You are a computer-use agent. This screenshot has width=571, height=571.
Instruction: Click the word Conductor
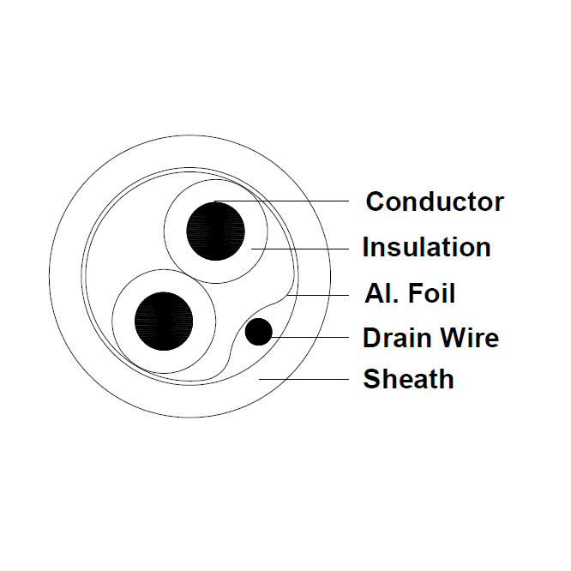(x=435, y=201)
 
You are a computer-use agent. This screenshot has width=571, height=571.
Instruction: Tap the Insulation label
(x=427, y=247)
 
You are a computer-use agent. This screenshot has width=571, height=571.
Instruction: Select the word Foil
(x=431, y=292)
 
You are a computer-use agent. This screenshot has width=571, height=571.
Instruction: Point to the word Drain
(x=398, y=338)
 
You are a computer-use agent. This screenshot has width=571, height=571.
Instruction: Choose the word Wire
(x=470, y=338)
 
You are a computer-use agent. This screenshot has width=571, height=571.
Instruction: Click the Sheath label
(x=409, y=379)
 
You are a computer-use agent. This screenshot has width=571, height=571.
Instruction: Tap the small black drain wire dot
(x=259, y=332)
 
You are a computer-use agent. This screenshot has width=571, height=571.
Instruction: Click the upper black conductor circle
(x=215, y=231)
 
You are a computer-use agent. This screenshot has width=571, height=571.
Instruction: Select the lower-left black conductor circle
(x=164, y=322)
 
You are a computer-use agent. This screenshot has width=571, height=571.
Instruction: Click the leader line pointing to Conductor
(x=281, y=201)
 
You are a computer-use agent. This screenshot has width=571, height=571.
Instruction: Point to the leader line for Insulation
(x=300, y=249)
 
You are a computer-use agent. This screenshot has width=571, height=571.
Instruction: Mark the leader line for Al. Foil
(x=318, y=295)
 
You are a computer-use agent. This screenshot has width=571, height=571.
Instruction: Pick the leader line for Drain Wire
(x=310, y=337)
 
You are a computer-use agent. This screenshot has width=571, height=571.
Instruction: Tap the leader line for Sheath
(x=304, y=380)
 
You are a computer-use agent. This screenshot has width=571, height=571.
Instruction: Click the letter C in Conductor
(x=375, y=201)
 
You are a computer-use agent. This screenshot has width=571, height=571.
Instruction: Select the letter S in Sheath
(x=371, y=379)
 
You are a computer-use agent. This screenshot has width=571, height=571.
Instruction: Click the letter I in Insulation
(x=365, y=247)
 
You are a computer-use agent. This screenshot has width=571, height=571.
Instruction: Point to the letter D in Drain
(x=371, y=338)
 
